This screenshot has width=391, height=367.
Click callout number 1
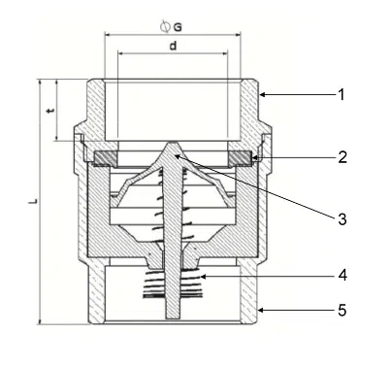[x=341, y=95]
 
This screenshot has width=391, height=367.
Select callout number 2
[x=341, y=155]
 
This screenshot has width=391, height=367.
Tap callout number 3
[x=341, y=218]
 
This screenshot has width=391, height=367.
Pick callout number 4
[x=341, y=276]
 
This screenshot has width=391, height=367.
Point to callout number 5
[x=341, y=312]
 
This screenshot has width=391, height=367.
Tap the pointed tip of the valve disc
[x=173, y=147]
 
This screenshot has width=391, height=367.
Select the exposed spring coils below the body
[x=173, y=284]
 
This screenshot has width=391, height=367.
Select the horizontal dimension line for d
[x=173, y=53]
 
